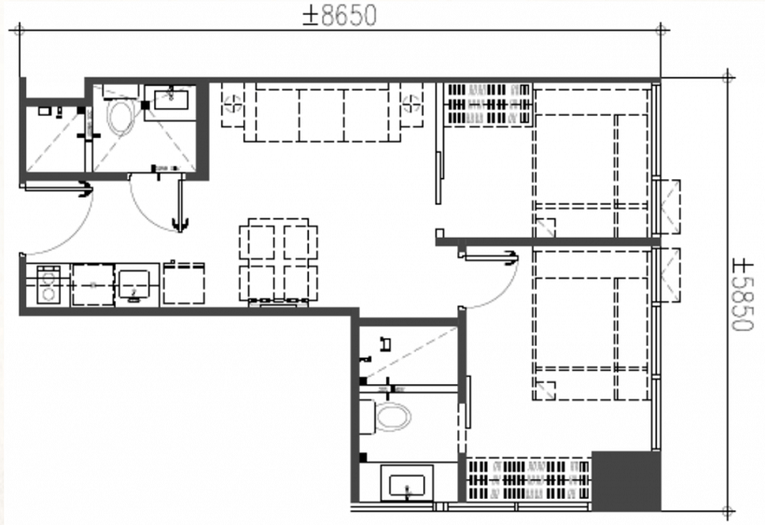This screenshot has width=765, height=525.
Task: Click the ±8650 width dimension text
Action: click(x=341, y=15)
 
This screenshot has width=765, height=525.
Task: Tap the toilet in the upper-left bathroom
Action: click(x=121, y=115)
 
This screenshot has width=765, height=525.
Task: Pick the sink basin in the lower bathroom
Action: click(x=407, y=483)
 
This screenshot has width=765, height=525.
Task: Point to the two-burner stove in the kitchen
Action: click(x=49, y=284)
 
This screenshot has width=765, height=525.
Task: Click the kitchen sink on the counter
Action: click(x=133, y=284)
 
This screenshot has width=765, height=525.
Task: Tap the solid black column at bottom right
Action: click(x=626, y=480)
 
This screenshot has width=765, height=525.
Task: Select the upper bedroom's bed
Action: click(x=591, y=160)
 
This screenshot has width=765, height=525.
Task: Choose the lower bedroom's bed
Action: click(x=591, y=325)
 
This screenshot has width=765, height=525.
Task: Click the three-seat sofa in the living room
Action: click(x=322, y=112)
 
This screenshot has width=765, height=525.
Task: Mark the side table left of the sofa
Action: click(x=232, y=104)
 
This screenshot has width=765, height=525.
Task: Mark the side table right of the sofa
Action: click(x=411, y=104)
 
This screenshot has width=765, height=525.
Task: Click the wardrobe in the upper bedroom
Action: click(x=488, y=104)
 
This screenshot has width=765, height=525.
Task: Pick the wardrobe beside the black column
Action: click(x=529, y=479)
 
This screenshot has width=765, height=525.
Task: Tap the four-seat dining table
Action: click(x=278, y=261)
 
